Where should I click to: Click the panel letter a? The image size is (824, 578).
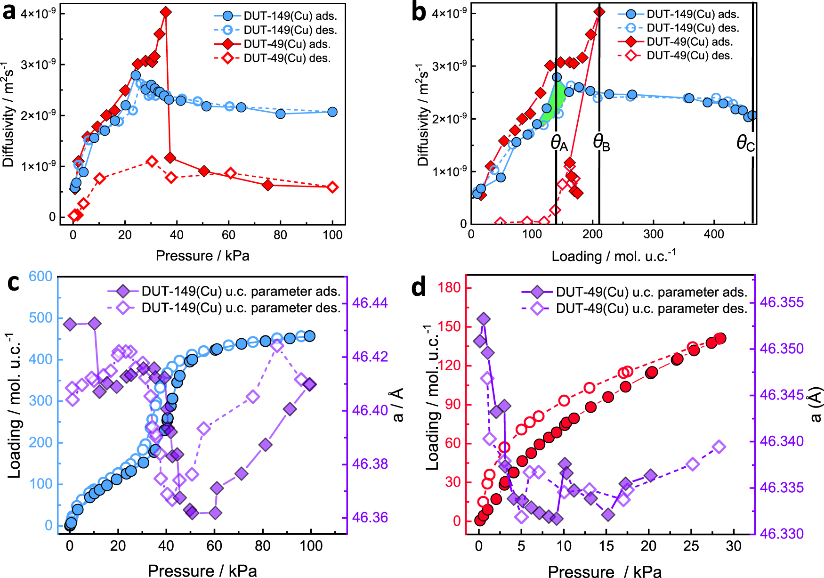[9, 11]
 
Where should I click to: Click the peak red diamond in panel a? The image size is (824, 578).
[166, 12]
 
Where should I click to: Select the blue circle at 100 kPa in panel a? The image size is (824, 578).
[332, 112]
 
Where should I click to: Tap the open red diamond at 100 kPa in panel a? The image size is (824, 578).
[332, 187]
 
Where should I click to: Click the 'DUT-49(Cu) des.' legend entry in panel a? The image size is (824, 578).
[287, 58]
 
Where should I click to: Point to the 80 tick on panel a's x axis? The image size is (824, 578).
[280, 235]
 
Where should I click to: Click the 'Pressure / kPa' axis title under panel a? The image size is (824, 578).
[202, 255]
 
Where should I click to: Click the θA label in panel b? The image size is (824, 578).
[559, 143]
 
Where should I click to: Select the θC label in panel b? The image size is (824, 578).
[745, 143]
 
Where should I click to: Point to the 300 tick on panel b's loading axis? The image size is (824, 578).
[654, 235]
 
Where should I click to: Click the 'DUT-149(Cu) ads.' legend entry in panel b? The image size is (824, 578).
[692, 14]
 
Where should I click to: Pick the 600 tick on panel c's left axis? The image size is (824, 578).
[40, 276]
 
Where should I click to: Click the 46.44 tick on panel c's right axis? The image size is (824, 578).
[370, 303]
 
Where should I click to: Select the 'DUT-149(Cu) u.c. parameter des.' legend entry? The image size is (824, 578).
[241, 308]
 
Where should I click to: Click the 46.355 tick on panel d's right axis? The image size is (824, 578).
[782, 302]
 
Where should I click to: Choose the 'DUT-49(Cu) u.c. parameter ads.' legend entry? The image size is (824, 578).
[651, 292]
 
